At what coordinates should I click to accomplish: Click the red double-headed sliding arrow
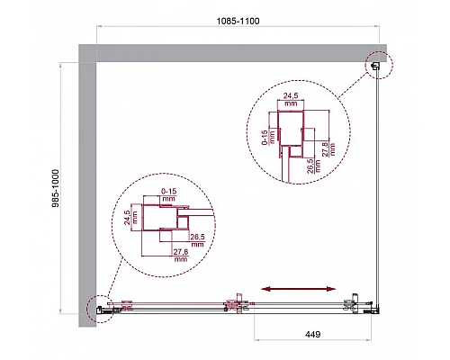301,290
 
